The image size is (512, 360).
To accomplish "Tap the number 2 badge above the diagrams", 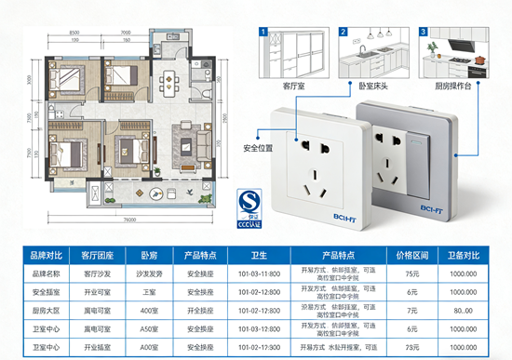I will click(x=343, y=32).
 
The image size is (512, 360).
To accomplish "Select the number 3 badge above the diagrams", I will click(x=423, y=32).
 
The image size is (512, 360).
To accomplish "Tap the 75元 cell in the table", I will click(x=411, y=273).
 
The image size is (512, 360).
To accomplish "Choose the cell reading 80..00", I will click(x=464, y=310).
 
